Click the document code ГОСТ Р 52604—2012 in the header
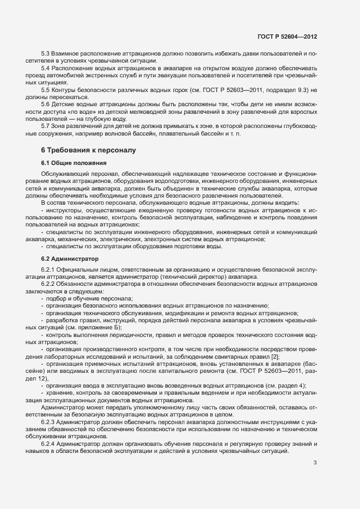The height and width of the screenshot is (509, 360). tap(287, 37)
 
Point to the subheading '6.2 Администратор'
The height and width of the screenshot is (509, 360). tap(70, 258)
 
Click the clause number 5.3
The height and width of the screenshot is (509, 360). tap(47, 54)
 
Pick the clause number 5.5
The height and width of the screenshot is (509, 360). tap(47, 89)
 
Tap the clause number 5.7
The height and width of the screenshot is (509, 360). tap(47, 126)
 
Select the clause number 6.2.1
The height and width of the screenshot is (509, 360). tap(50, 270)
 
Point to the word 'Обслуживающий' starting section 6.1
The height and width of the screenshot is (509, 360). tap(64, 175)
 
